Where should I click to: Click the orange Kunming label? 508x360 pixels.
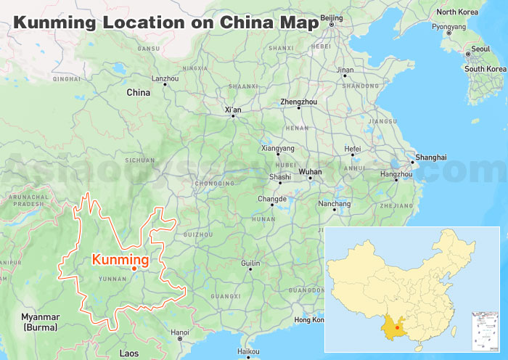point(120,259)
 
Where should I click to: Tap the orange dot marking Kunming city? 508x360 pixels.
point(134,269)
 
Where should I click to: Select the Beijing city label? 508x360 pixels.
point(331,17)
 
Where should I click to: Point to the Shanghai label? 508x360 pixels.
point(431,157)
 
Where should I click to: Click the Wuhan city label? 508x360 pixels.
point(310,172)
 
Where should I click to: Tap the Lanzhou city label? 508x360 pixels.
point(165,78)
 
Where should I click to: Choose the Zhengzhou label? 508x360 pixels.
point(298,102)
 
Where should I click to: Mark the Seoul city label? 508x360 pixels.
point(480,49)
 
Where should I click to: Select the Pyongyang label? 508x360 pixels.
point(448,27)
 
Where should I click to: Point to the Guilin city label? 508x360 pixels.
point(250,263)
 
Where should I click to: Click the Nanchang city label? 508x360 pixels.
point(335,204)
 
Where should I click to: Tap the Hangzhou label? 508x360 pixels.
point(396,174)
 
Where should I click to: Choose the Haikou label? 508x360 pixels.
point(248,352)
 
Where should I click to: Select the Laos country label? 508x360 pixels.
point(128,353)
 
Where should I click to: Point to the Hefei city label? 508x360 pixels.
point(352,149)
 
